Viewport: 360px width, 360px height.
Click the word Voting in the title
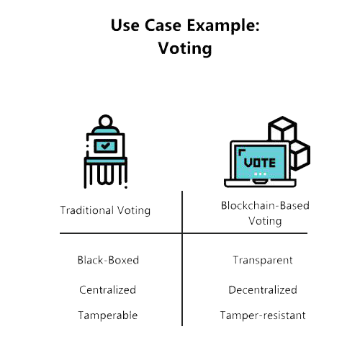(185, 48)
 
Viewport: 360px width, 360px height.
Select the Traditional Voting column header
(105, 210)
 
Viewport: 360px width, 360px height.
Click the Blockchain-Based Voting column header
(265, 213)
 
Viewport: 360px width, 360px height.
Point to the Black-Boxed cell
(108, 260)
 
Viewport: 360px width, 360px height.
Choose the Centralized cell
(107, 289)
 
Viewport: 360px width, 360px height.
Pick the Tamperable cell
(108, 315)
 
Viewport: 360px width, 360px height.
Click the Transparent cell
(263, 261)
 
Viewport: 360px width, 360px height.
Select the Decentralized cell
(263, 289)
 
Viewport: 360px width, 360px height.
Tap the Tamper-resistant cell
(263, 315)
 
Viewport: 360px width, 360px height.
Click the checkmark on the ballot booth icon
(105, 145)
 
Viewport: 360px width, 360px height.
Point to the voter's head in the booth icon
(106, 122)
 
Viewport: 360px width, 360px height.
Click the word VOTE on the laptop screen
(260, 163)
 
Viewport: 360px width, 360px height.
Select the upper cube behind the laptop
(282, 129)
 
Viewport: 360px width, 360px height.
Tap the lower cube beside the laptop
(300, 156)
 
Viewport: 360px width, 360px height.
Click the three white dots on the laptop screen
(260, 174)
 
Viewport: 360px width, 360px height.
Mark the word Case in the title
(163, 25)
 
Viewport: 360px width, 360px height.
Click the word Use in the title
(125, 25)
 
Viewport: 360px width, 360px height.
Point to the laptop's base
(260, 183)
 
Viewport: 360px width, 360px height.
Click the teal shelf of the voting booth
(106, 161)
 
